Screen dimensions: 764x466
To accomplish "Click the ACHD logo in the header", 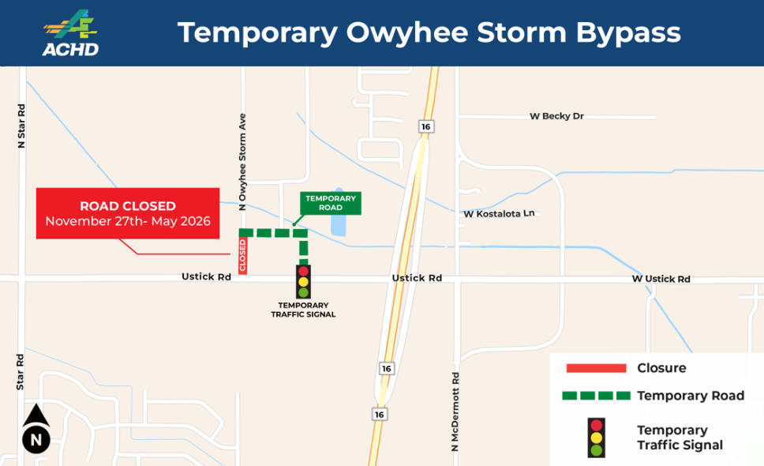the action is coord(71,33).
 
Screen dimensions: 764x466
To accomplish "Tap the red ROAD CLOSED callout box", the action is coord(128,213).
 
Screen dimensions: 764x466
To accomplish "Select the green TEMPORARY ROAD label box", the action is coord(331,202).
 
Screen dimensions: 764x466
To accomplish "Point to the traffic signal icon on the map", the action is coord(304,281).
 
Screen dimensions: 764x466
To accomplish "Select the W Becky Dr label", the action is coord(556,116).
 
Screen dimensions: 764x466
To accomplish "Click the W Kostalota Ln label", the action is coord(499,213).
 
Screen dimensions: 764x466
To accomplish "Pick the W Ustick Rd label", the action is coord(661,279).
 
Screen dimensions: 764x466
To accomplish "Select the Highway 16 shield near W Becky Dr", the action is coord(425,126).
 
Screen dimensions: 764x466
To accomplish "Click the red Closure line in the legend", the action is coord(596,368).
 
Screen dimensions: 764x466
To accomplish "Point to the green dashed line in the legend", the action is coord(596,395).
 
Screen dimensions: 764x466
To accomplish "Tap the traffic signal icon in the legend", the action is coord(597,438).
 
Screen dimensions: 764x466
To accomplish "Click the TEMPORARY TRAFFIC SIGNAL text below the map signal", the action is coord(303,310).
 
